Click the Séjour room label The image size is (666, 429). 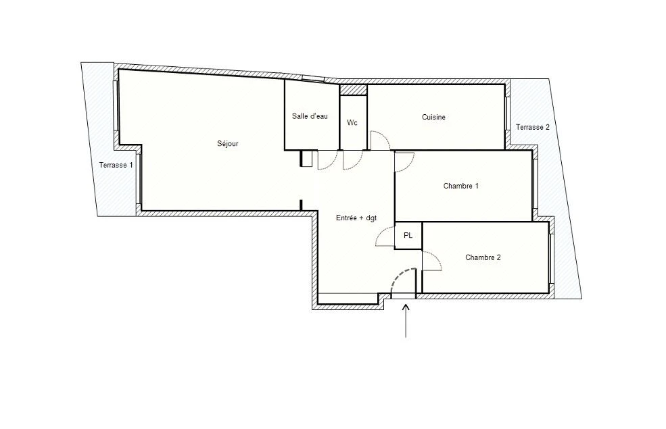[228, 144]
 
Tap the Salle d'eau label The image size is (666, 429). [310, 116]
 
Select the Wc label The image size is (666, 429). [352, 123]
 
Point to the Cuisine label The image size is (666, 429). [433, 117]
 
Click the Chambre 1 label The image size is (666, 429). [461, 186]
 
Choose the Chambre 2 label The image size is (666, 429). [483, 257]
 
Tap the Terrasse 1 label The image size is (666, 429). [116, 165]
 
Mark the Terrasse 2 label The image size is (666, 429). [533, 127]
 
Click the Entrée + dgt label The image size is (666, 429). [356, 218]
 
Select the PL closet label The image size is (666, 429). [408, 236]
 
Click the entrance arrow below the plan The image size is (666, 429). [406, 320]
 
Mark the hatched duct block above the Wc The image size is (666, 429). [354, 90]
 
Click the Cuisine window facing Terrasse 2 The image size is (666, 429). [507, 113]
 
